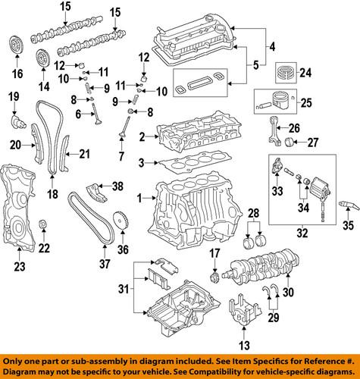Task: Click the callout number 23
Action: [20, 266]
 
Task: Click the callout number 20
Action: [15, 144]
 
